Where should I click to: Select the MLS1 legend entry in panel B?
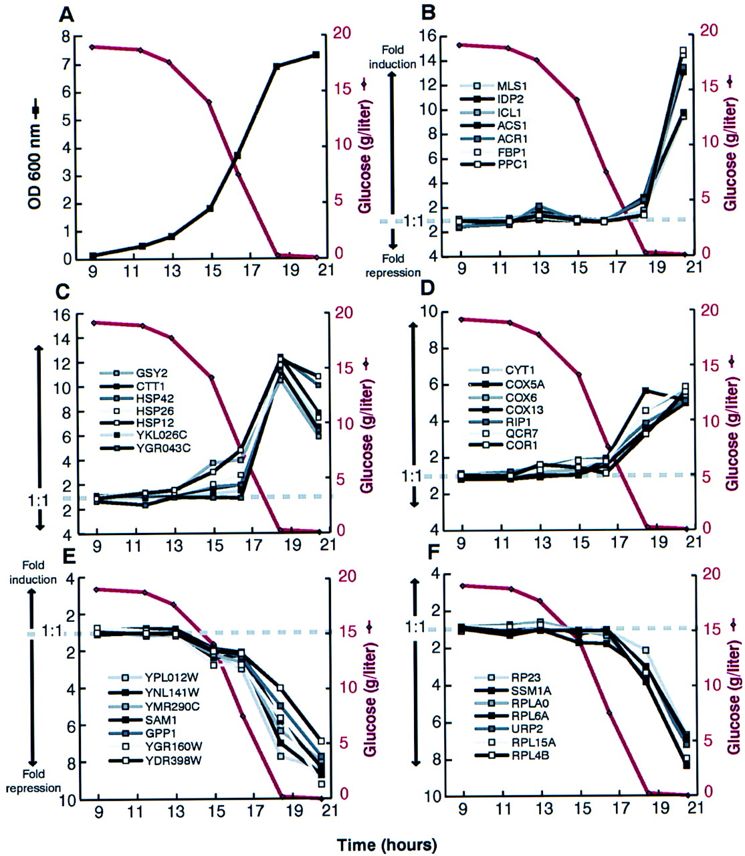pyautogui.click(x=493, y=87)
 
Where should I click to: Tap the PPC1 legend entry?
pyautogui.click(x=493, y=164)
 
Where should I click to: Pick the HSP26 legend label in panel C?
pyautogui.click(x=154, y=411)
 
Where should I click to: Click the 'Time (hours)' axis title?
pyautogui.click(x=387, y=845)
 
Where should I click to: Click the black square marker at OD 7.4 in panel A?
pyautogui.click(x=316, y=55)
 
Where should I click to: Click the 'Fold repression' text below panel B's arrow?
pyautogui.click(x=393, y=265)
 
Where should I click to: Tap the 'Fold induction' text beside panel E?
pyautogui.click(x=33, y=572)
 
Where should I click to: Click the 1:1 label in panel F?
pyautogui.click(x=415, y=627)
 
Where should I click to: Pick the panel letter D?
pyautogui.click(x=427, y=290)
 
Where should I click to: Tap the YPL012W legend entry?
pyautogui.click(x=153, y=677)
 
